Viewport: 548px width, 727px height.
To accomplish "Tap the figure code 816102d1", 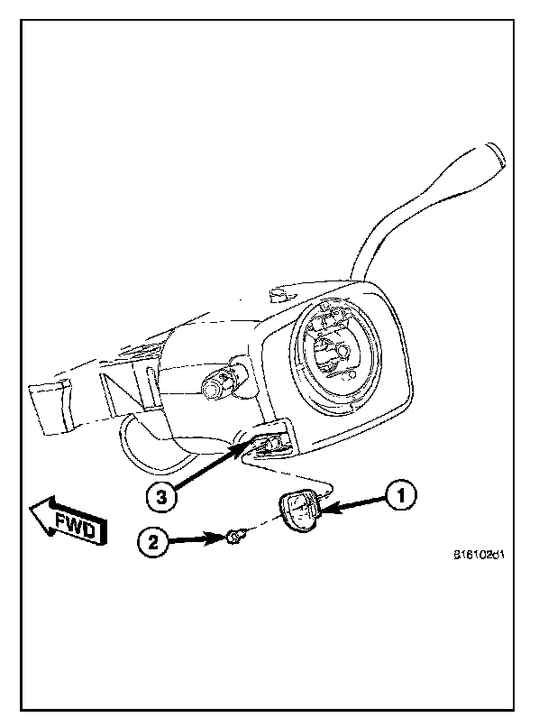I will (479, 556).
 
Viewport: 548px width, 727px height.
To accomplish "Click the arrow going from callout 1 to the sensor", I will (356, 503).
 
